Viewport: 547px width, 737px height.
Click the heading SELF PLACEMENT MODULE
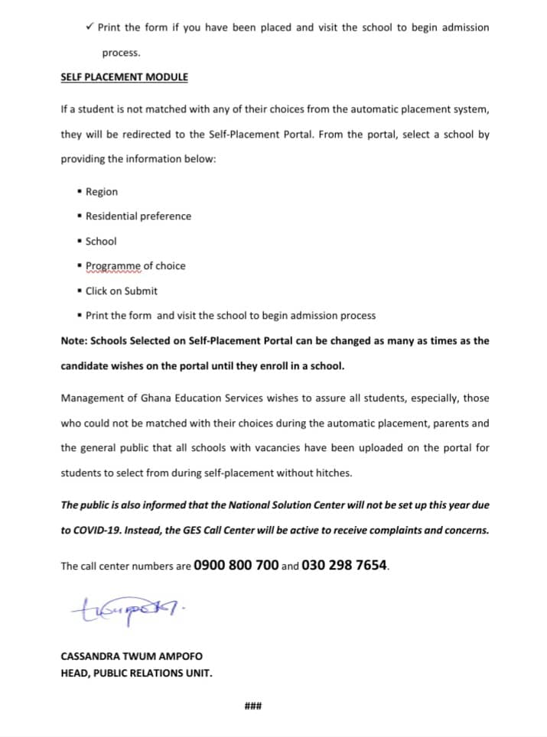click(x=124, y=77)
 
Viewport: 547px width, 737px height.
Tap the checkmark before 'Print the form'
click(x=90, y=27)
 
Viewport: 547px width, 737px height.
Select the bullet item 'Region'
click(x=102, y=192)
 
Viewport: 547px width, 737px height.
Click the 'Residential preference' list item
click(x=138, y=216)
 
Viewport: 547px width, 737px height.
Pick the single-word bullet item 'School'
click(x=101, y=241)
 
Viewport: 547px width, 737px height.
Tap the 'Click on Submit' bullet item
click(x=122, y=291)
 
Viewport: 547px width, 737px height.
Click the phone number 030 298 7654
click(x=345, y=566)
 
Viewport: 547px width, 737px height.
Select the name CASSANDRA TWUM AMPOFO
click(x=132, y=657)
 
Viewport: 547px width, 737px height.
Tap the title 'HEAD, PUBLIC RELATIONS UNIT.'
click(x=136, y=674)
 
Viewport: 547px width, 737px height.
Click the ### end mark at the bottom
click(x=253, y=706)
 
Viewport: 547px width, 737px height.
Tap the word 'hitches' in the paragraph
click(x=334, y=473)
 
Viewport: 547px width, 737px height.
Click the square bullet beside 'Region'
click(x=80, y=191)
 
